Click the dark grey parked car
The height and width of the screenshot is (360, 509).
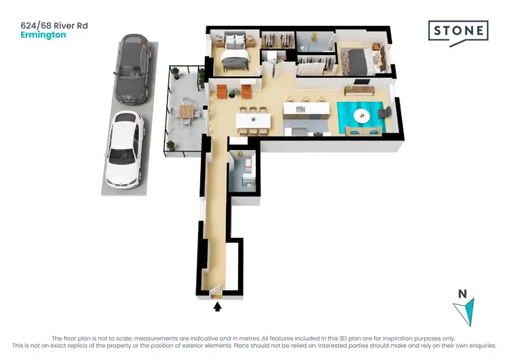tap(132, 68)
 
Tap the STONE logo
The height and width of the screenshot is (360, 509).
tap(457, 31)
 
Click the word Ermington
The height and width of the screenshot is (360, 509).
tap(43, 35)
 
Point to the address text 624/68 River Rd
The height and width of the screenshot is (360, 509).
tap(54, 26)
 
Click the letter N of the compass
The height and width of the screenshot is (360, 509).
tap(462, 294)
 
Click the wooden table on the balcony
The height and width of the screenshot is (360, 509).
tap(185, 111)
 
